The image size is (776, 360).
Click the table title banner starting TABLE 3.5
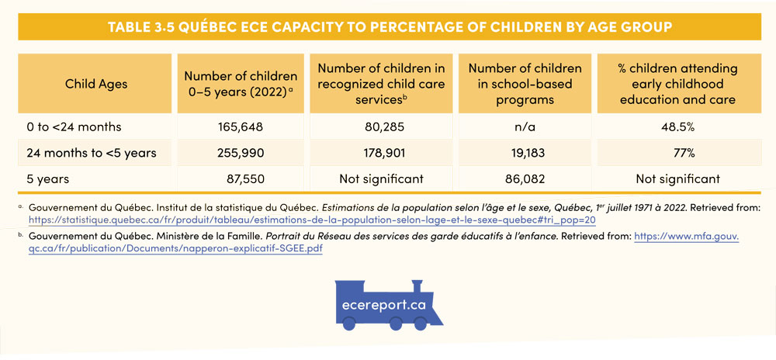(389, 27)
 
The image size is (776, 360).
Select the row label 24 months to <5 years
(92, 153)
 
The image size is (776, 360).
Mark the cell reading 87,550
(244, 179)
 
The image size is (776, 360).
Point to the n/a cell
(527, 126)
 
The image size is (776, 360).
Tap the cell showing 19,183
(527, 153)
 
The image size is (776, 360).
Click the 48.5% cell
(677, 126)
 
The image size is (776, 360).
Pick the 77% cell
(677, 153)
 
